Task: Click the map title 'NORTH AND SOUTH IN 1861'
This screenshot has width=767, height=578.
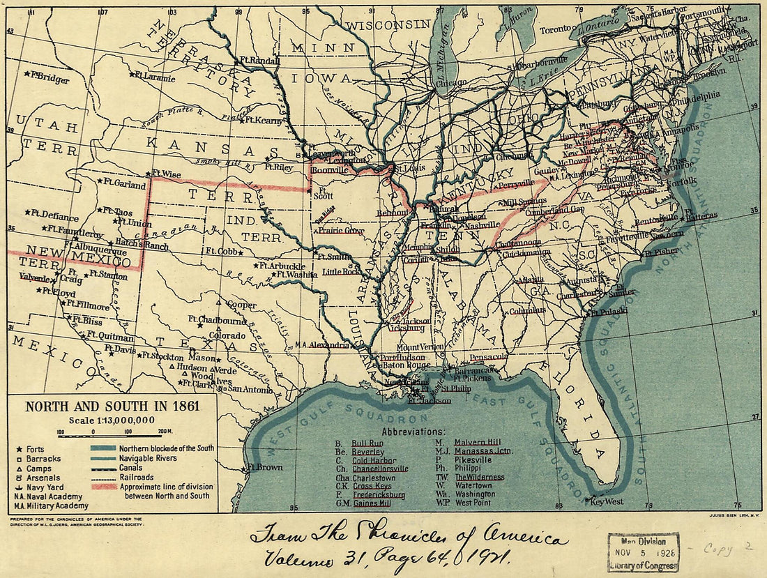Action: (112, 406)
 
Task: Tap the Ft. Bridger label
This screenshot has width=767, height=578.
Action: (50, 78)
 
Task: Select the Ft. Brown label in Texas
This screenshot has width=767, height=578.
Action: (266, 466)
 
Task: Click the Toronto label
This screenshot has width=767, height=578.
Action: (556, 30)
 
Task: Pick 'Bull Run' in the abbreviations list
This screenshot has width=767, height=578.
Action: (367, 443)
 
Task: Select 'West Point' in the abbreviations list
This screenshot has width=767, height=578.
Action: (474, 502)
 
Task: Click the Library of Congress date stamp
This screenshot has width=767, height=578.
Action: (642, 552)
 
